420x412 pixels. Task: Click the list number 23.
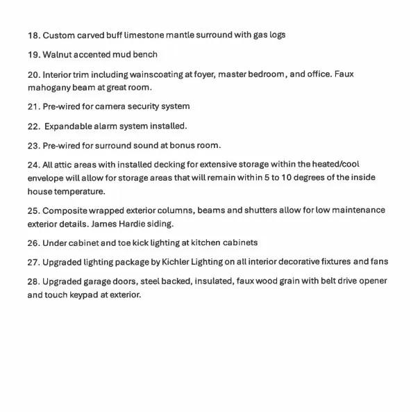pyautogui.click(x=33, y=146)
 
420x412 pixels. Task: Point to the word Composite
pyautogui.click(x=66, y=211)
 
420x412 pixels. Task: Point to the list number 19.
pyautogui.click(x=33, y=54)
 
